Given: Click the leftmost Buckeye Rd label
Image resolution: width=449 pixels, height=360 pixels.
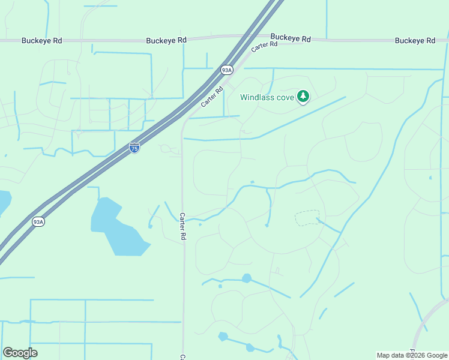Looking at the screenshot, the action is (x=41, y=41).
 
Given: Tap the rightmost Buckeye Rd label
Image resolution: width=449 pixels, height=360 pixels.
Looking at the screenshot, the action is (x=415, y=41).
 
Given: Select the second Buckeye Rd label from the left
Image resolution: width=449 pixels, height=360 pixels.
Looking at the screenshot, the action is (x=166, y=40).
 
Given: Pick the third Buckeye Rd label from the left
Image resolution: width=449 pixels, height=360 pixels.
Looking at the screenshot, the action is (x=290, y=38).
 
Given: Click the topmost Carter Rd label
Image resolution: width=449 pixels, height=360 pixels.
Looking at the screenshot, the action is (x=265, y=44).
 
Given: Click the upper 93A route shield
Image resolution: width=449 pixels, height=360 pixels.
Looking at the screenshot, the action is (x=226, y=70).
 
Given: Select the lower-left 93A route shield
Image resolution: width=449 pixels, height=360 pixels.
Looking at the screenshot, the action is (x=38, y=222).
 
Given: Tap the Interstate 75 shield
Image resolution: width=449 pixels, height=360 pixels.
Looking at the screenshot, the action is (x=134, y=148).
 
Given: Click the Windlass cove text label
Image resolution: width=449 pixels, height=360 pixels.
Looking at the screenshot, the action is (x=267, y=97).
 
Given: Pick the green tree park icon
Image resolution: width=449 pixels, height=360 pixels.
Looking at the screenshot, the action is (x=304, y=96).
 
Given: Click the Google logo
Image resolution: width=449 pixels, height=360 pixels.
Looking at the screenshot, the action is (x=20, y=353).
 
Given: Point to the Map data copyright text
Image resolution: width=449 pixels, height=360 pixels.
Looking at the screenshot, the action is (x=411, y=355).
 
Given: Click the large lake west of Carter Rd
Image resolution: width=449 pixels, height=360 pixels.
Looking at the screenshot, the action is (x=117, y=225).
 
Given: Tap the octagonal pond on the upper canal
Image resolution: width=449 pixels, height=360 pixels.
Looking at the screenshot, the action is (x=246, y=278).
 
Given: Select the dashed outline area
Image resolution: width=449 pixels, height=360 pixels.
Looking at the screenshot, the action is (x=307, y=218).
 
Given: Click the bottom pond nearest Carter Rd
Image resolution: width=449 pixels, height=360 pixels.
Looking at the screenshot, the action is (x=223, y=337).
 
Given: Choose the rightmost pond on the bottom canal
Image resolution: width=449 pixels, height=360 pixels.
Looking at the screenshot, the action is (x=250, y=347).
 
